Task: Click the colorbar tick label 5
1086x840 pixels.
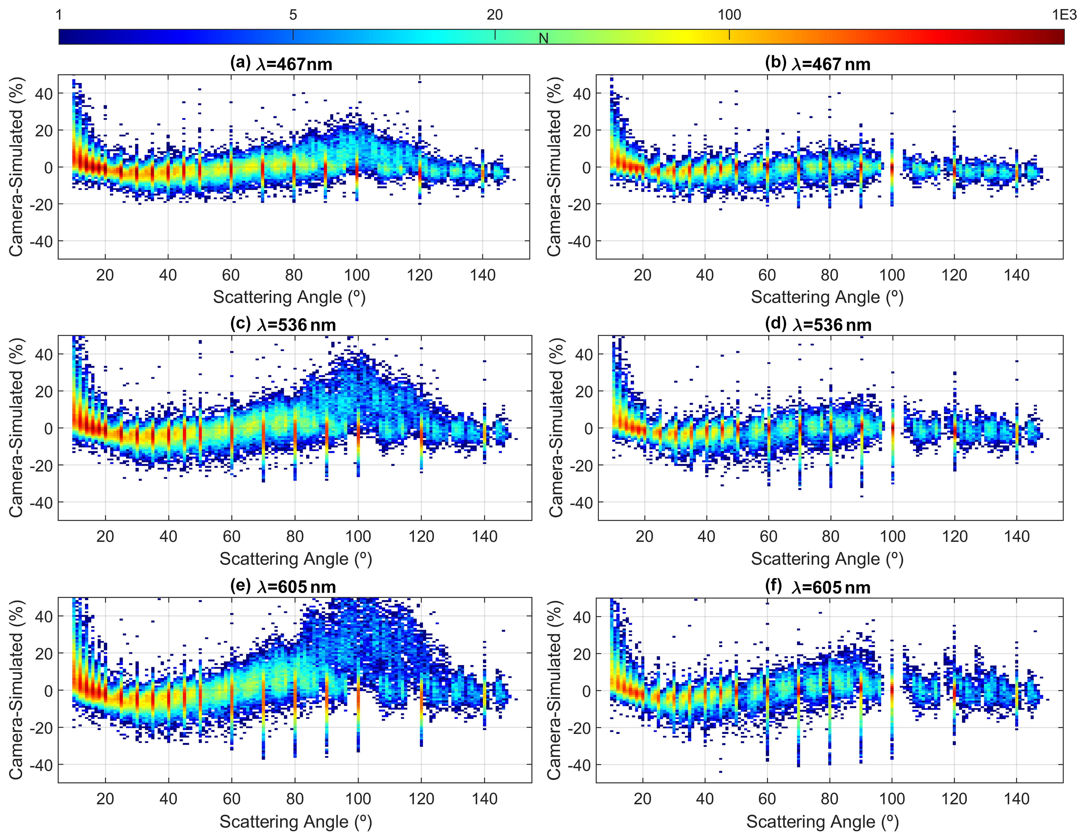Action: point(293,15)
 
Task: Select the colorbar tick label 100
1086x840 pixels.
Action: point(729,15)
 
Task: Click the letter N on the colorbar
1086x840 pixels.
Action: point(543,38)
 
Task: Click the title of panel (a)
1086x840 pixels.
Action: point(281,64)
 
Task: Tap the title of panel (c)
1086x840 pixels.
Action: point(283,325)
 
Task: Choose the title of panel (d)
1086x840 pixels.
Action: point(818,325)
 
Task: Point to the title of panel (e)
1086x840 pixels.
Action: point(283,586)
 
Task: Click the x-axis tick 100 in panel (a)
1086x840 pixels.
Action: point(356,275)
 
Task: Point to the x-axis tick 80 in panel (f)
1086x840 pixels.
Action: point(830,799)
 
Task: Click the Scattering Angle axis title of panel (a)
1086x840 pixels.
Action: point(290,297)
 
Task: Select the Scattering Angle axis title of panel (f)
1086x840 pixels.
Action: point(823,822)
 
